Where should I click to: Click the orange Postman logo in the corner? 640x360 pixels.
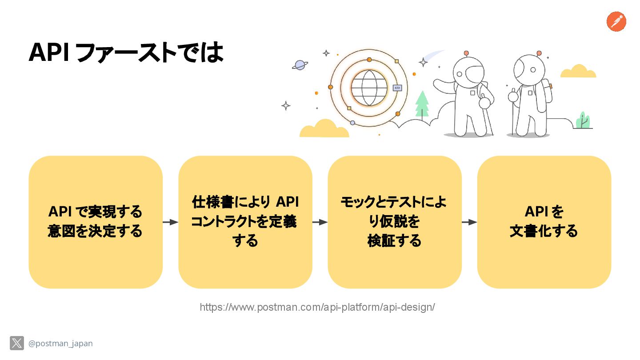(616, 22)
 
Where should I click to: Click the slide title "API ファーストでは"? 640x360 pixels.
(126, 53)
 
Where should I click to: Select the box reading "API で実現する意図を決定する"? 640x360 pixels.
(96, 222)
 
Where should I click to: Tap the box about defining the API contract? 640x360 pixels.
(245, 222)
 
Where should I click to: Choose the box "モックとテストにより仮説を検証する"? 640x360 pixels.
(395, 222)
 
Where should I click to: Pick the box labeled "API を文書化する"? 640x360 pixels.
(544, 222)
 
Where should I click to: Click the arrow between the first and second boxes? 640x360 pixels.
(170, 222)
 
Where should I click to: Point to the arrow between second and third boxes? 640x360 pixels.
(320, 222)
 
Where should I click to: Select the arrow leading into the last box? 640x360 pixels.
(469, 222)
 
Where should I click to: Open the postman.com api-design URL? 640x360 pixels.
(317, 307)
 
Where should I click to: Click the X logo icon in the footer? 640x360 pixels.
(17, 343)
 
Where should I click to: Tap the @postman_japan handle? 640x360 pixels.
(60, 344)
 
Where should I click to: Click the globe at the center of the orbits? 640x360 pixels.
(369, 88)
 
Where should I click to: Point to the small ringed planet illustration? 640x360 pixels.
(300, 65)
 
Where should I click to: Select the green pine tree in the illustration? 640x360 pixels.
(422, 104)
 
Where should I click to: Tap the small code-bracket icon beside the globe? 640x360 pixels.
(397, 88)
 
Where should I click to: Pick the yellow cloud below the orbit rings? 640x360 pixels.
(324, 129)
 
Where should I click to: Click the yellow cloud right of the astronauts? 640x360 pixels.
(578, 72)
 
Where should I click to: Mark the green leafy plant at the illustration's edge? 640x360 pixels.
(583, 121)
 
